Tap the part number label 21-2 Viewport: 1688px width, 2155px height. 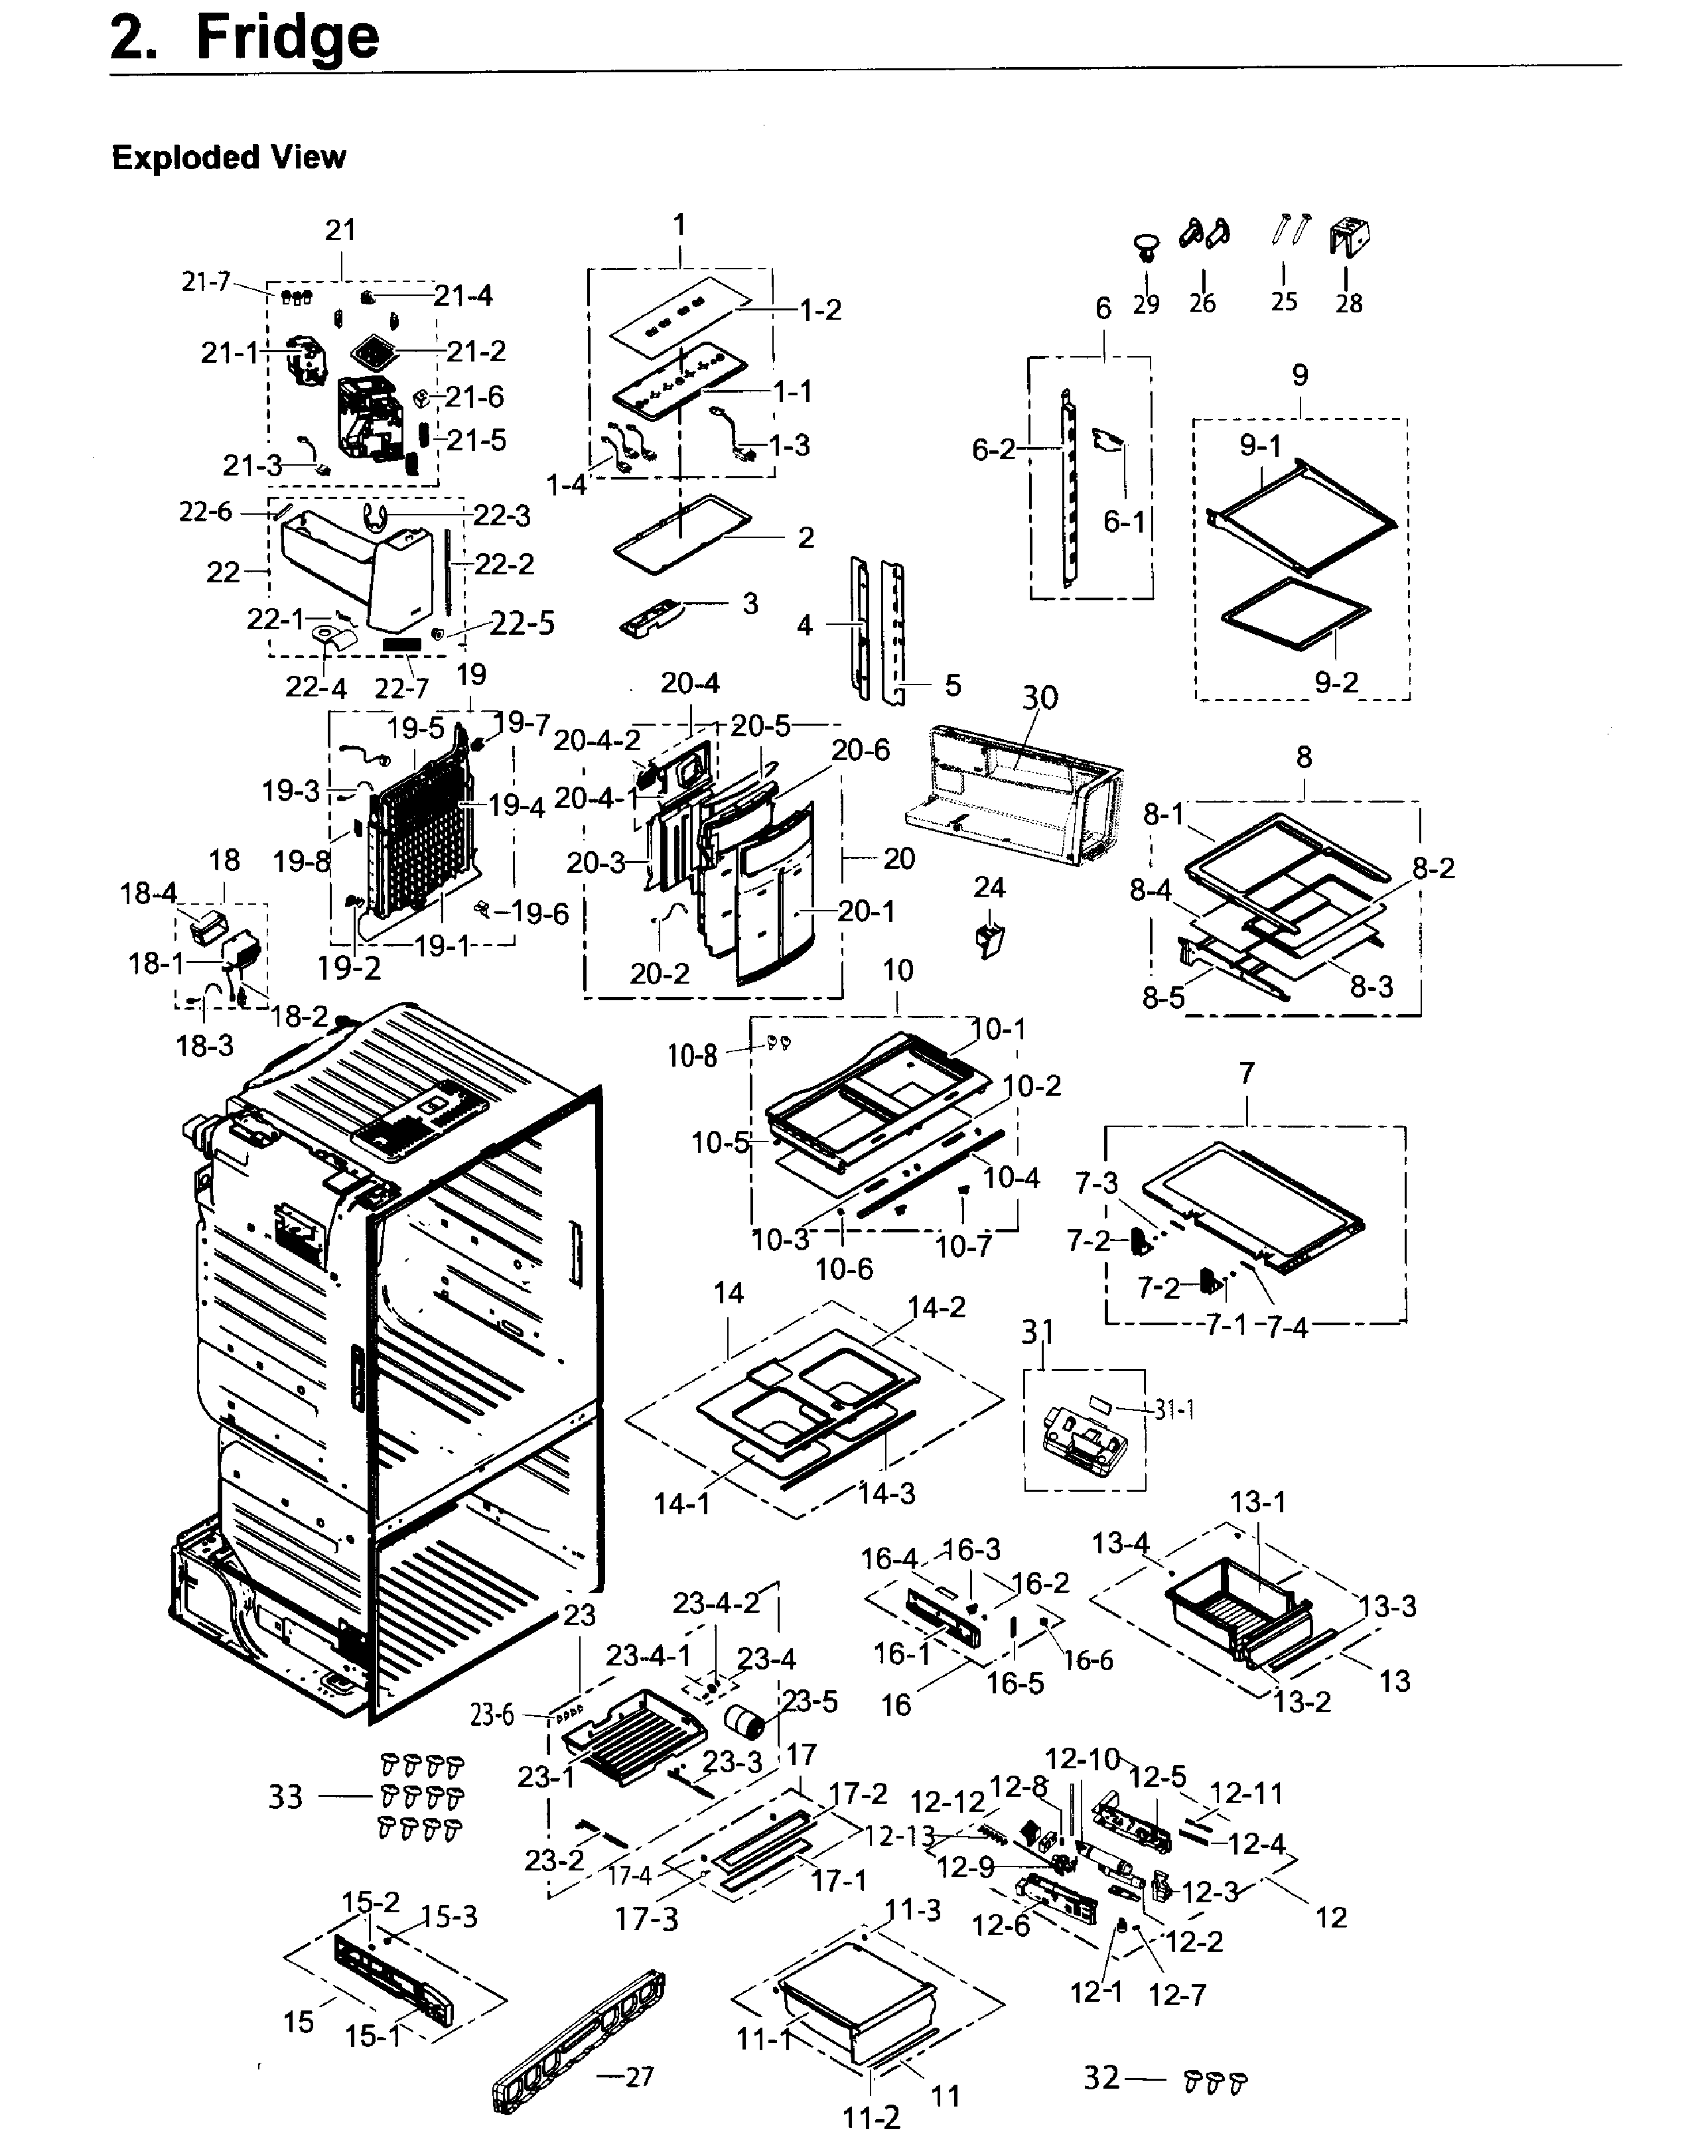click(476, 351)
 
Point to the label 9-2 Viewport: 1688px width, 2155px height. click(1336, 682)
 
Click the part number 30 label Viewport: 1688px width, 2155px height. click(1040, 698)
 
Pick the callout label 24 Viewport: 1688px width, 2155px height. click(989, 887)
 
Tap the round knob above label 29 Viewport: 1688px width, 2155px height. click(1147, 245)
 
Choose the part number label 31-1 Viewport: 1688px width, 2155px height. click(1174, 1410)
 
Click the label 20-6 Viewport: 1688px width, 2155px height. click(860, 750)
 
